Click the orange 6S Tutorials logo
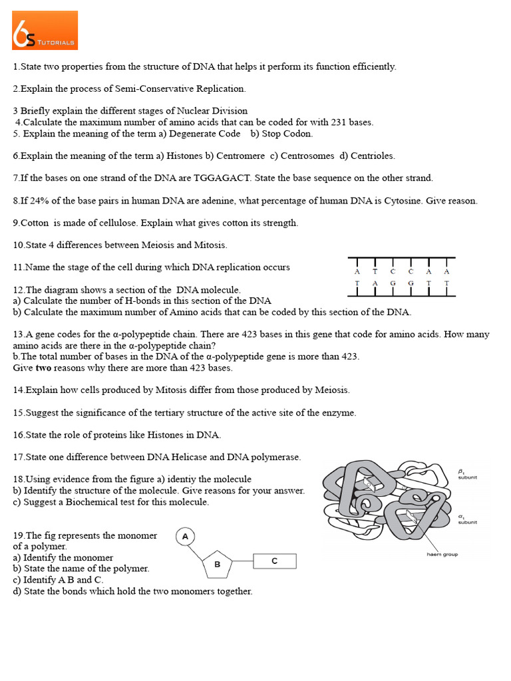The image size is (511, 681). coord(45,30)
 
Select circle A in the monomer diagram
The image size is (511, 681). coord(185,537)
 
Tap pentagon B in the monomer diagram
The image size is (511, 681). coord(217,565)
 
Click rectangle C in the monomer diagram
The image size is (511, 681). coord(274,562)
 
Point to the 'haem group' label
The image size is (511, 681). coord(442,554)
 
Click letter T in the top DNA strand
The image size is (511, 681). coord(375,271)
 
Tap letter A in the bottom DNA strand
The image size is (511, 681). coord(375,283)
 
